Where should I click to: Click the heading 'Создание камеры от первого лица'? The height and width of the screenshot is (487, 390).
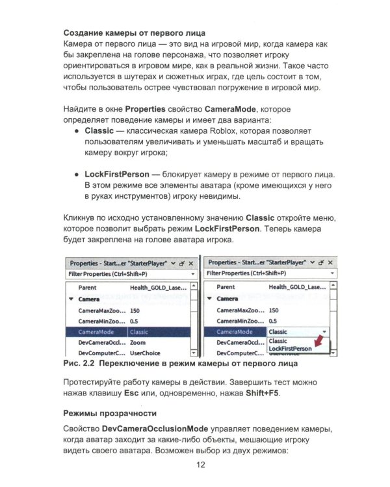click(x=134, y=32)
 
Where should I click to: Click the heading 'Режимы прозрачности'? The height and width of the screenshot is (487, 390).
click(x=110, y=413)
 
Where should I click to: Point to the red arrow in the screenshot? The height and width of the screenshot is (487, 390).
click(x=318, y=340)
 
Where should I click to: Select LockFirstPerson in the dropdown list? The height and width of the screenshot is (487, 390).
click(x=290, y=349)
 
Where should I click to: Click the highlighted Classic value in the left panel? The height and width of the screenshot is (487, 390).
click(x=139, y=332)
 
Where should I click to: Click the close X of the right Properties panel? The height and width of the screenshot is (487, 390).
click(x=330, y=263)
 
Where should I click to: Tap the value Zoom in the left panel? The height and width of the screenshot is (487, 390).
click(x=138, y=342)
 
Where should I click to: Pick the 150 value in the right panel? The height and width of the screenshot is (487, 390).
click(x=274, y=310)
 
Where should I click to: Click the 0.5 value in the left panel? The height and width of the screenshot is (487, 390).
click(x=135, y=321)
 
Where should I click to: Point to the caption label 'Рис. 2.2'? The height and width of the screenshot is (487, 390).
click(x=80, y=364)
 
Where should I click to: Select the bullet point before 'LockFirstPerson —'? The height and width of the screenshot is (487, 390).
click(x=76, y=175)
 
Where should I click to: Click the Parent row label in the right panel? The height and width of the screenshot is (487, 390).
click(x=226, y=287)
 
